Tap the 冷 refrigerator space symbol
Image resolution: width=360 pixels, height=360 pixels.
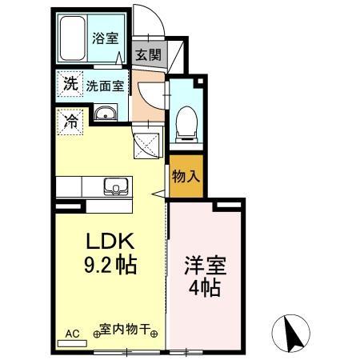pyautogui.click(x=69, y=123)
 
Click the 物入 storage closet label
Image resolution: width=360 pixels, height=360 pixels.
pyautogui.click(x=186, y=176)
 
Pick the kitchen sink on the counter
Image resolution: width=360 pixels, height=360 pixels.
pyautogui.click(x=113, y=189)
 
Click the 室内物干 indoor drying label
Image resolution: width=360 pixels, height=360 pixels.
pyautogui.click(x=126, y=330)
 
